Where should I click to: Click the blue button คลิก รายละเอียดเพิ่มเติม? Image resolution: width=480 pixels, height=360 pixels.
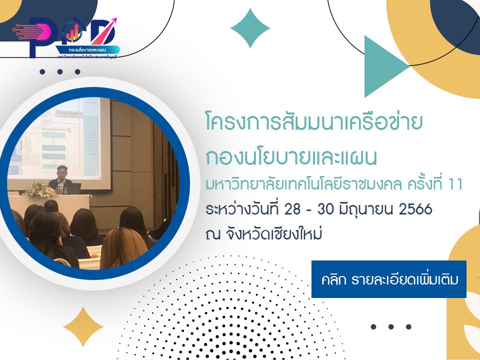click(x=388, y=279)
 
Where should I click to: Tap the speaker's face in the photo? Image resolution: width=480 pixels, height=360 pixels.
click(x=61, y=170)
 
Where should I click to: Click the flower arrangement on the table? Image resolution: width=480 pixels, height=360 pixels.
click(x=40, y=190)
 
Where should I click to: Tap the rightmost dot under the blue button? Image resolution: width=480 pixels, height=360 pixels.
click(x=408, y=327)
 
